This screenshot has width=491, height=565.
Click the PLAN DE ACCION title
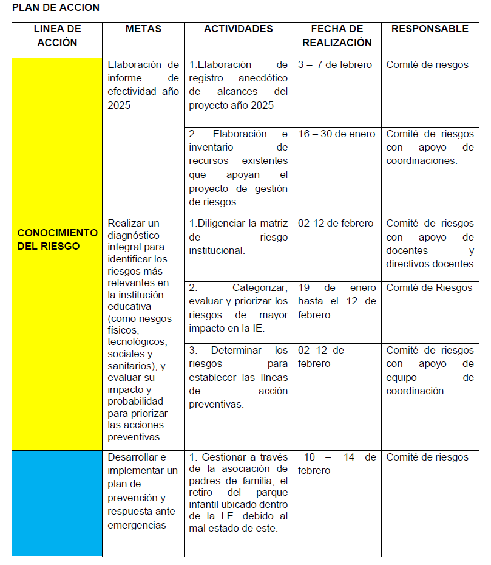pyautogui.click(x=55, y=8)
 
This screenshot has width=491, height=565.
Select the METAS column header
pyautogui.click(x=143, y=29)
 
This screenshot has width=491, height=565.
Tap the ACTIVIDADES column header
pyautogui.click(x=239, y=29)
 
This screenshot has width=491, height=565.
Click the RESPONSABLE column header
pyautogui.click(x=430, y=29)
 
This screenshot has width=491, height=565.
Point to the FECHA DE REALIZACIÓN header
pyautogui.click(x=337, y=36)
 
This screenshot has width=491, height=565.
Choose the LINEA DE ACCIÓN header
pyautogui.click(x=57, y=36)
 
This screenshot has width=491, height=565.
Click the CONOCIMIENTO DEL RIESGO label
pyautogui.click(x=57, y=239)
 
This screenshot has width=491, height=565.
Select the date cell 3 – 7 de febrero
pyautogui.click(x=335, y=65)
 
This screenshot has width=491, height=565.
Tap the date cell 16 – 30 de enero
pyautogui.click(x=337, y=134)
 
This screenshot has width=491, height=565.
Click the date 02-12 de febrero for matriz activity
pyautogui.click(x=336, y=224)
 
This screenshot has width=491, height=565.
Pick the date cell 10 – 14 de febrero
pyautogui.click(x=337, y=464)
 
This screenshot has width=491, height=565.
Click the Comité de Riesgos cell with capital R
pyautogui.click(x=429, y=288)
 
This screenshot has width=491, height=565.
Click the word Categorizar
pyautogui.click(x=260, y=288)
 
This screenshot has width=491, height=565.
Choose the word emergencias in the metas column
pyautogui.click(x=137, y=525)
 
